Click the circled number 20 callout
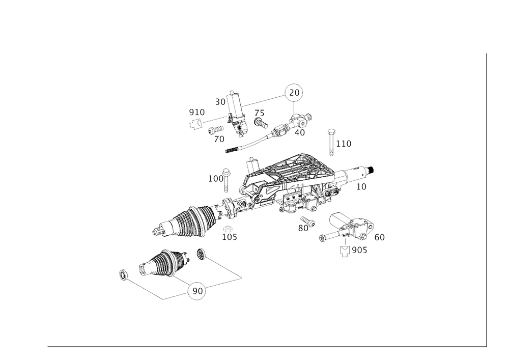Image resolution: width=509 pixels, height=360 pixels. [196, 291]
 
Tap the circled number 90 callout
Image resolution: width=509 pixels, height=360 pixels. [294, 92]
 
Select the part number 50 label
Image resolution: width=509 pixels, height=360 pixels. [220, 102]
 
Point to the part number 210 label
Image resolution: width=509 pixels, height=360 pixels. [196, 110]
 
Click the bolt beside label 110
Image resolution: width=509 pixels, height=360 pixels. [331, 141]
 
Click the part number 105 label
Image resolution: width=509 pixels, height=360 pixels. [230, 237]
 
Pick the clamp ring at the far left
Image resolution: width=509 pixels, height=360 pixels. [122, 275]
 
